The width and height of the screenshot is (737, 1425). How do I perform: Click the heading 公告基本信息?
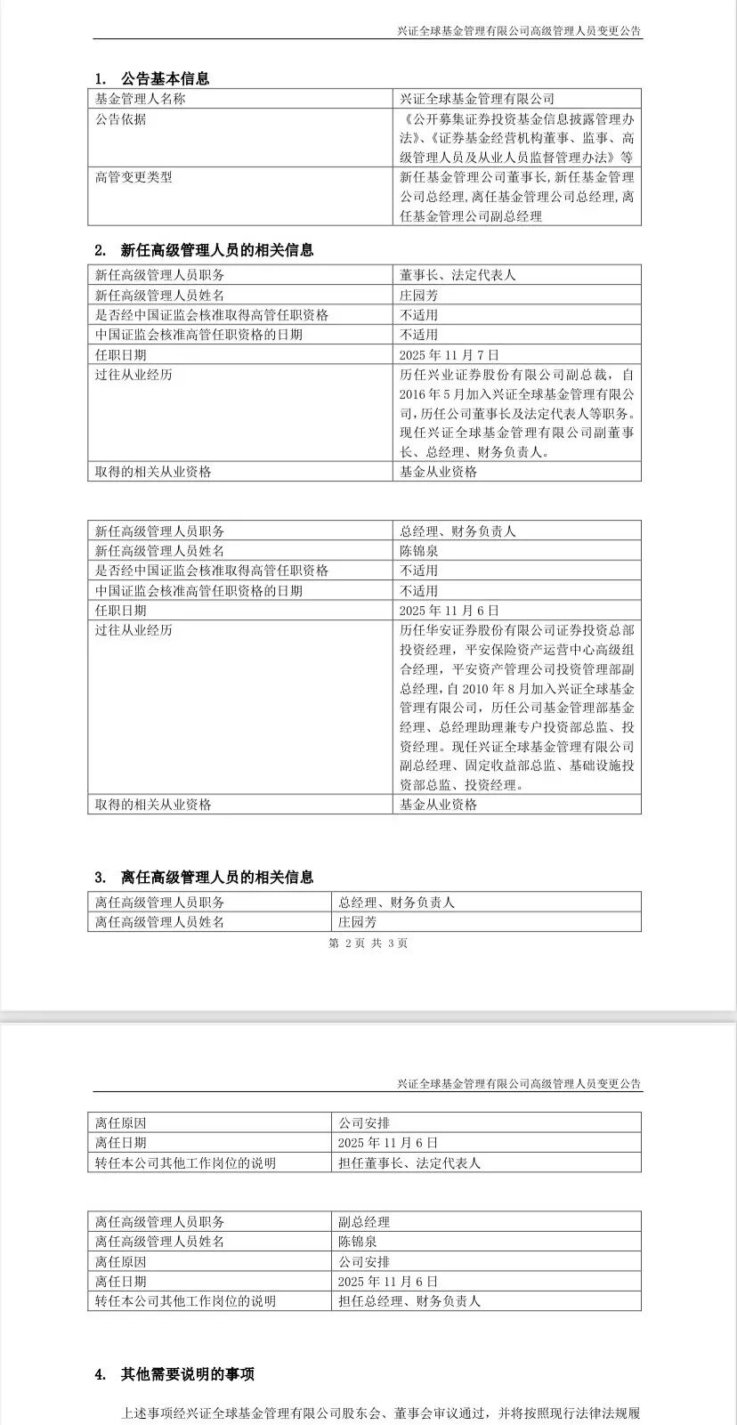[165, 78]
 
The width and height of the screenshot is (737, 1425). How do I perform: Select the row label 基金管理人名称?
[141, 99]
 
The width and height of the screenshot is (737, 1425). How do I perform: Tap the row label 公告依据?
[121, 119]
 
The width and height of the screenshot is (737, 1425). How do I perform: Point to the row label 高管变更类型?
[134, 177]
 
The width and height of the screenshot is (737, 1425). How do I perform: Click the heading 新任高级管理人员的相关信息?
[217, 251]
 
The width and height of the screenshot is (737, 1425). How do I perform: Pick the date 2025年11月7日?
[449, 355]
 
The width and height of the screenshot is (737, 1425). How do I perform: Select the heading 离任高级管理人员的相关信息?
[217, 878]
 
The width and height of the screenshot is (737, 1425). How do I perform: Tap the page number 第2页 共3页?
[368, 943]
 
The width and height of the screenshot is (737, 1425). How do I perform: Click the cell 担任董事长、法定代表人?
[409, 1162]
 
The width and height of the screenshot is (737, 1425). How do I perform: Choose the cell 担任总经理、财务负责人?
[409, 1301]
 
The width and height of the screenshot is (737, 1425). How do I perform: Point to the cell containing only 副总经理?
[364, 1222]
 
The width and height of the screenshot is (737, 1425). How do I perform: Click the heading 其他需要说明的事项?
[188, 1374]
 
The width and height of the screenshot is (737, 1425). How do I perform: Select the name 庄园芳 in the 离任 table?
[357, 922]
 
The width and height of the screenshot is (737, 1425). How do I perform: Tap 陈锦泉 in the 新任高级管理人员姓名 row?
[419, 551]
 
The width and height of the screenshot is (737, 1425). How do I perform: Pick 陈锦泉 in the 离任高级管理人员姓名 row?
[357, 1242]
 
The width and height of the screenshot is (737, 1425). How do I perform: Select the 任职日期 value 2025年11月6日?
[449, 611]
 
